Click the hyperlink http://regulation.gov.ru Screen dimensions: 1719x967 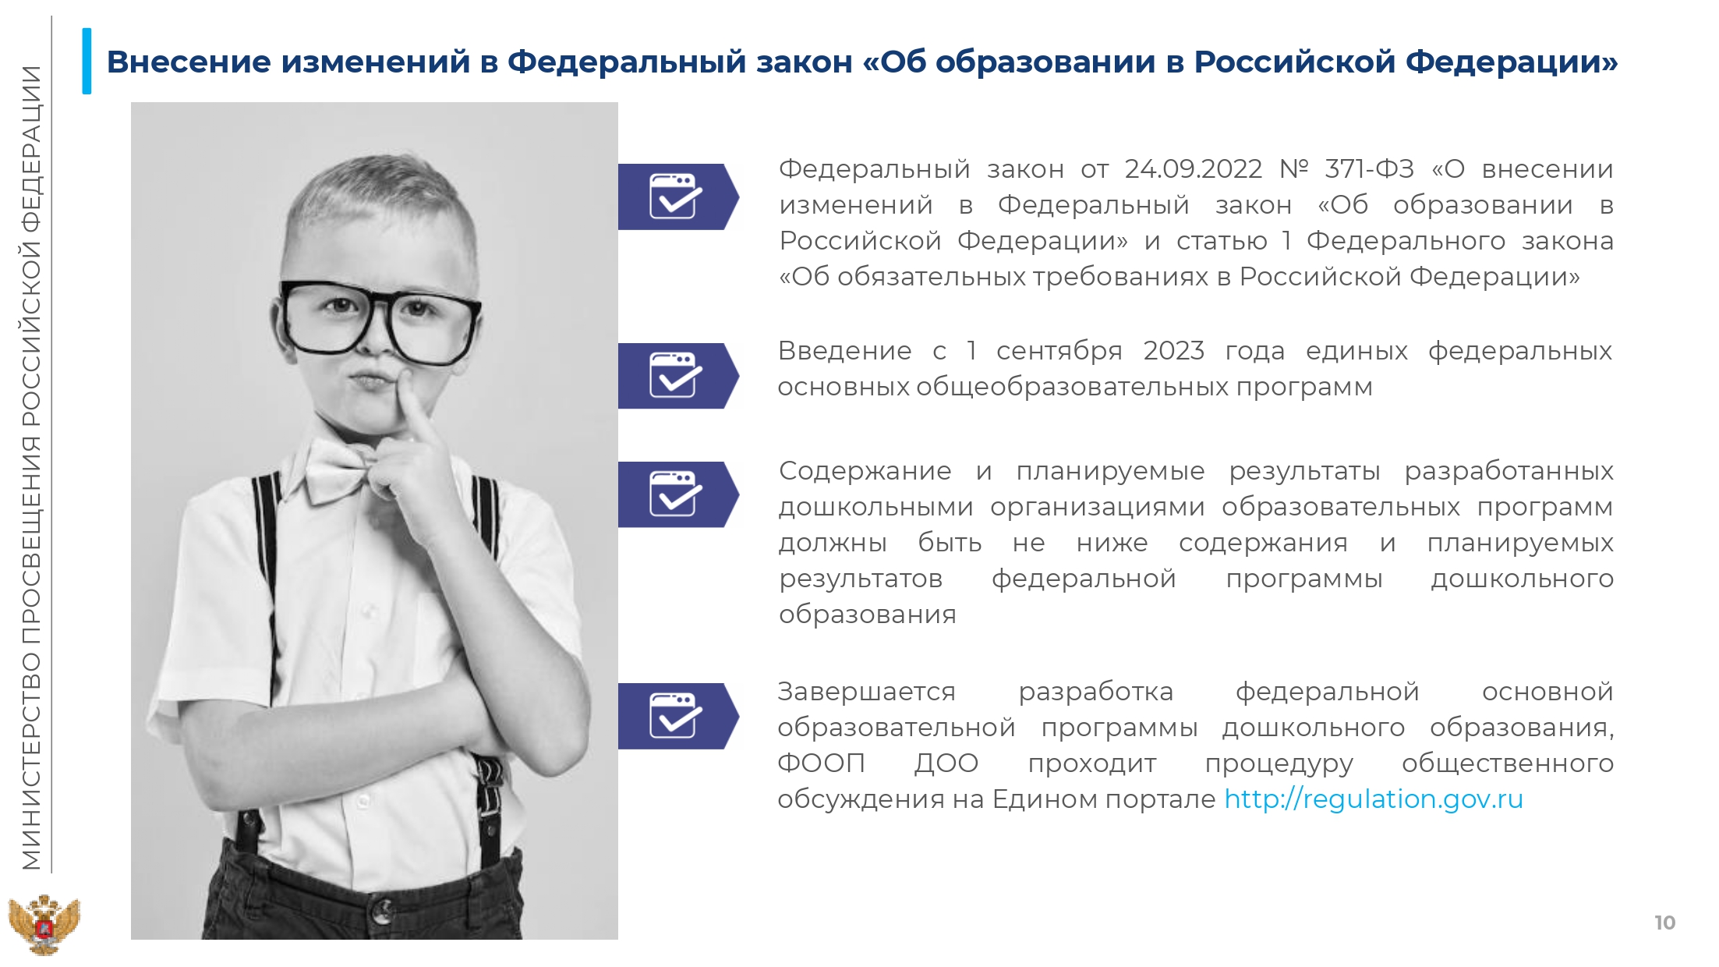click(1374, 799)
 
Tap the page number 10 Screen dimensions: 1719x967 click(1664, 923)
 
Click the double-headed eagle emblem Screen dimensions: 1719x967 click(44, 925)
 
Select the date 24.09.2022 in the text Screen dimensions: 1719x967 click(1193, 169)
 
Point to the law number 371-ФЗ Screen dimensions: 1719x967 click(1369, 169)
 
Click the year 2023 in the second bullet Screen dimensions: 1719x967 click(1174, 351)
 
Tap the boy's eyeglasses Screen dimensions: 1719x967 click(379, 320)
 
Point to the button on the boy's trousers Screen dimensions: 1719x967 click(382, 909)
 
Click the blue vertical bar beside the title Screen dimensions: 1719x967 click(87, 61)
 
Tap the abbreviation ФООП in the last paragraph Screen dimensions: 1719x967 click(822, 763)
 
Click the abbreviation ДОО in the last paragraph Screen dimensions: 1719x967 click(946, 763)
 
